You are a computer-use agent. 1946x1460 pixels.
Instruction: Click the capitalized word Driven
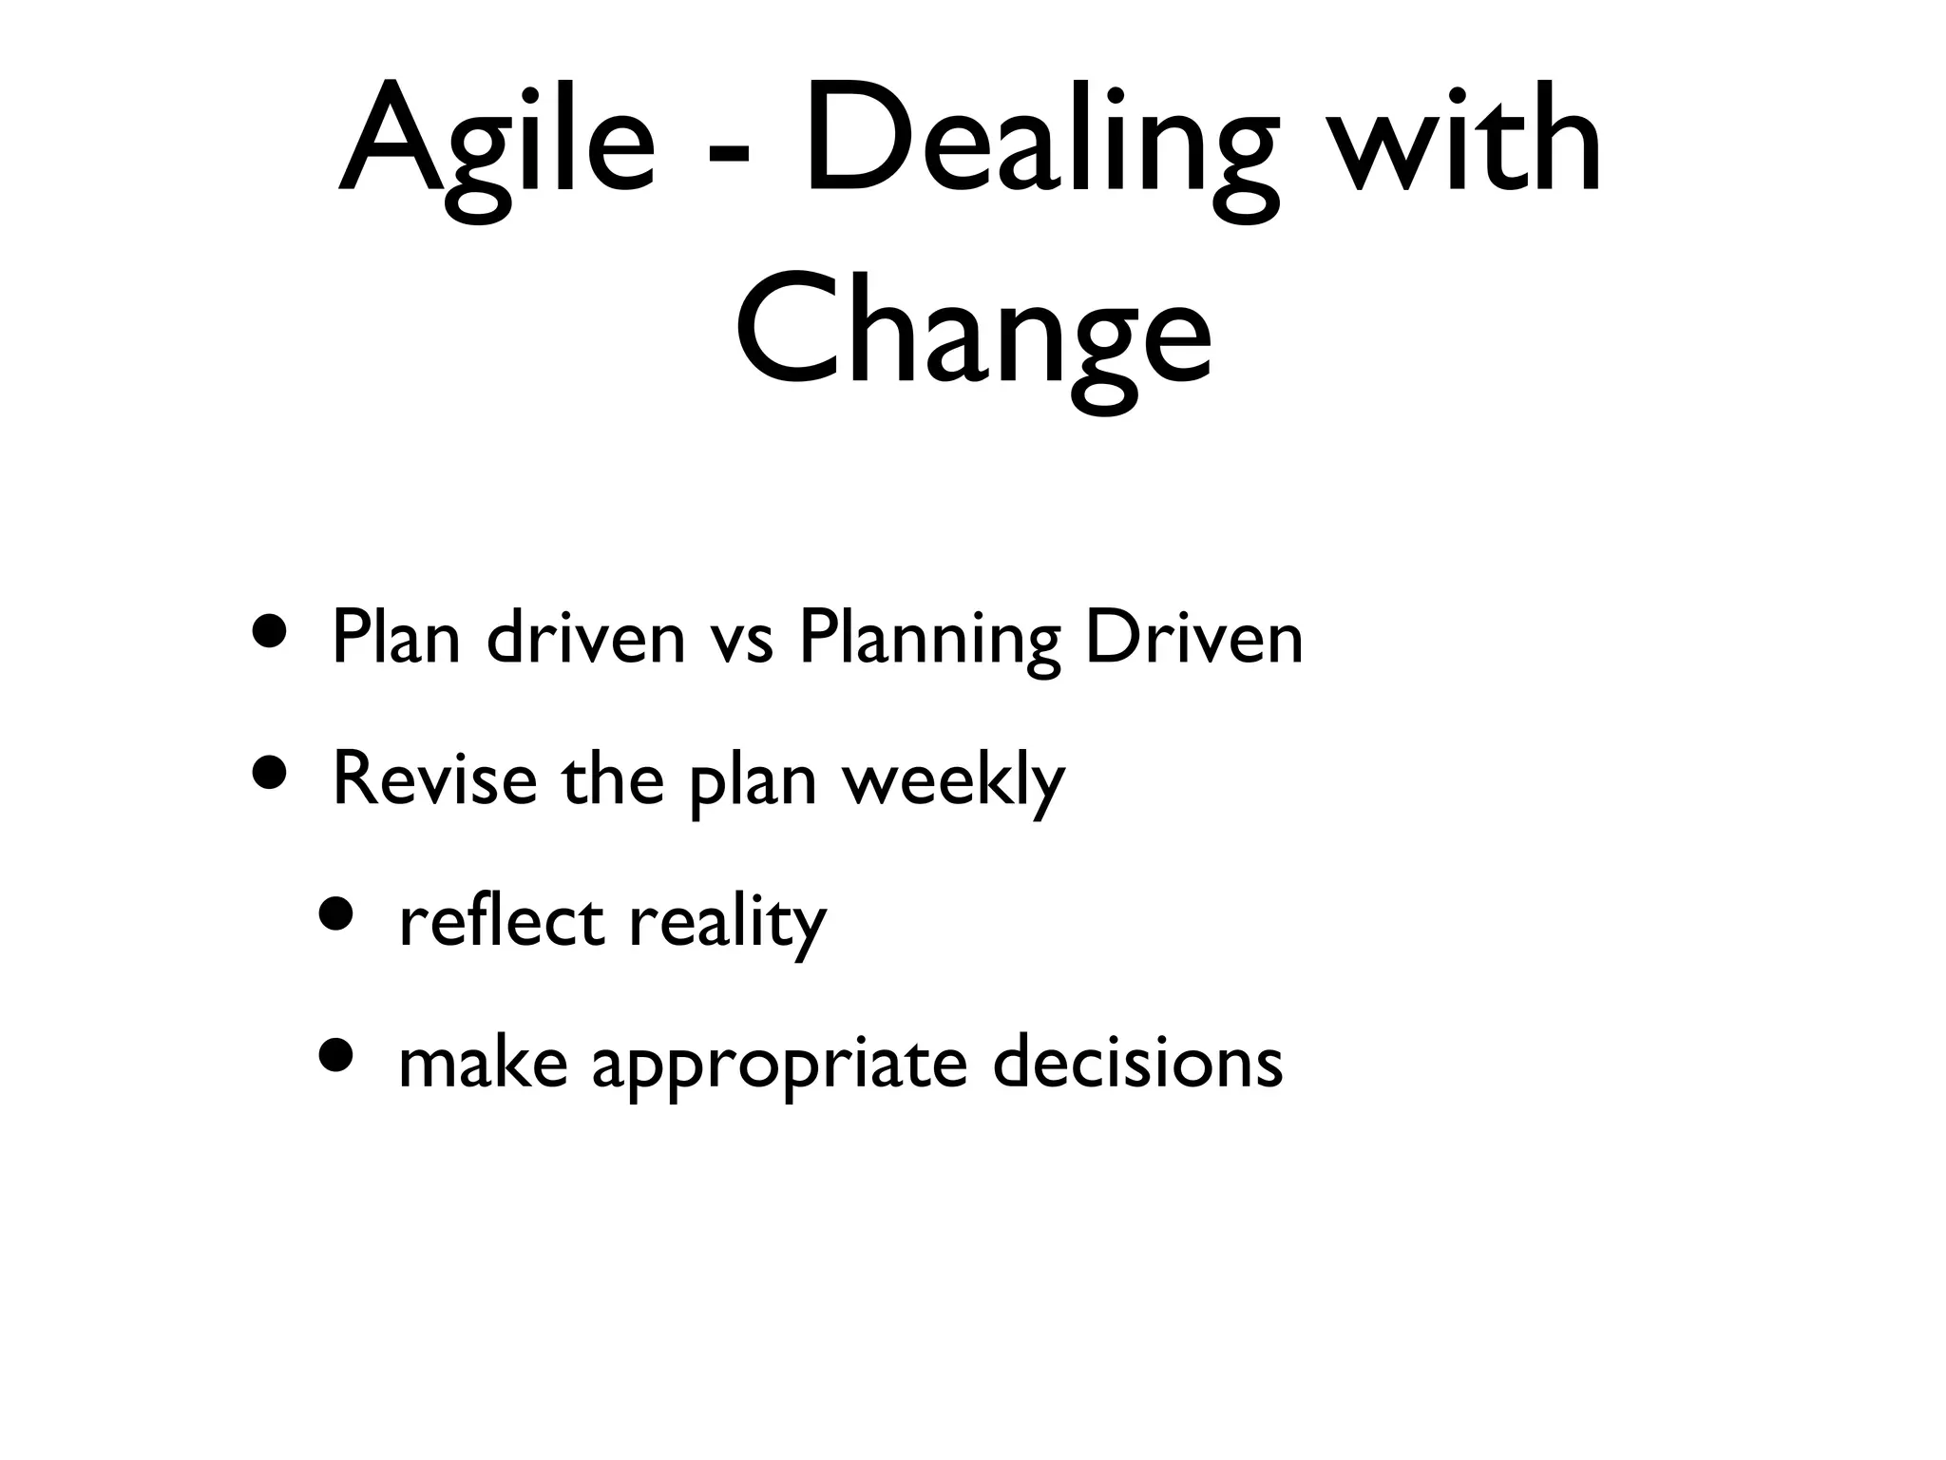click(1193, 638)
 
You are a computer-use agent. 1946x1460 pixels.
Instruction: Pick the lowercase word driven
click(585, 638)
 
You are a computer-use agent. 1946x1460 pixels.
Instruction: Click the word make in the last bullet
click(483, 1062)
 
